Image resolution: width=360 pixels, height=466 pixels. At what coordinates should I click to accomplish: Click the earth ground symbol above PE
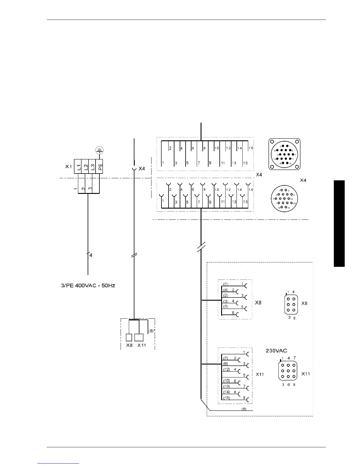click(x=100, y=151)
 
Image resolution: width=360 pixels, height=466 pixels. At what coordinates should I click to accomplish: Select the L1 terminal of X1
click(x=78, y=167)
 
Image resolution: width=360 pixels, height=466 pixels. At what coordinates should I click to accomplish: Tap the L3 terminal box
click(x=92, y=167)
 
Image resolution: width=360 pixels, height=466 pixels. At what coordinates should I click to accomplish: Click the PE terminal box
click(x=100, y=167)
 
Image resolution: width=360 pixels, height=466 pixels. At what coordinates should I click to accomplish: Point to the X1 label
click(x=68, y=167)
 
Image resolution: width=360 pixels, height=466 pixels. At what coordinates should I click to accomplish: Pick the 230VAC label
click(x=276, y=350)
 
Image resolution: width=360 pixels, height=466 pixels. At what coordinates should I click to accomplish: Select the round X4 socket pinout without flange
click(x=284, y=199)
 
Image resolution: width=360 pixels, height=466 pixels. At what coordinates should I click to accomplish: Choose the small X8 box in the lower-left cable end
click(x=129, y=337)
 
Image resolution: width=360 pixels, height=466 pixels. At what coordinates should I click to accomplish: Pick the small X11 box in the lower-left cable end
click(x=139, y=337)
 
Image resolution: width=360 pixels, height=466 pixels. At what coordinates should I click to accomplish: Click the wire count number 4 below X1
click(x=91, y=255)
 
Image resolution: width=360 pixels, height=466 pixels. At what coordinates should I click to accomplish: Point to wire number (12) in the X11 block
click(x=226, y=370)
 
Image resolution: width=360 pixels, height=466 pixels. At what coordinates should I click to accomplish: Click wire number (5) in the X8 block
click(x=226, y=307)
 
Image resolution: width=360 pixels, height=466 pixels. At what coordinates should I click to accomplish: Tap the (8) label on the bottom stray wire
click(x=244, y=409)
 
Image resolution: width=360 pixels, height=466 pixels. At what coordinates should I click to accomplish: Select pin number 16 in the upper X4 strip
click(x=251, y=148)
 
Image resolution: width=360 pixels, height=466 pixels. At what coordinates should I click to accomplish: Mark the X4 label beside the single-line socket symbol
click(x=142, y=169)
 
